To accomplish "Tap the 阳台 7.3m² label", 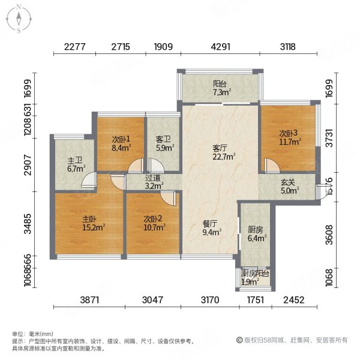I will point(220,88).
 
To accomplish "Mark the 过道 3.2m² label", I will point(154,182).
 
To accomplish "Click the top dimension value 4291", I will point(221,45).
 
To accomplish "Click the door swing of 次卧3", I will point(270,166).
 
